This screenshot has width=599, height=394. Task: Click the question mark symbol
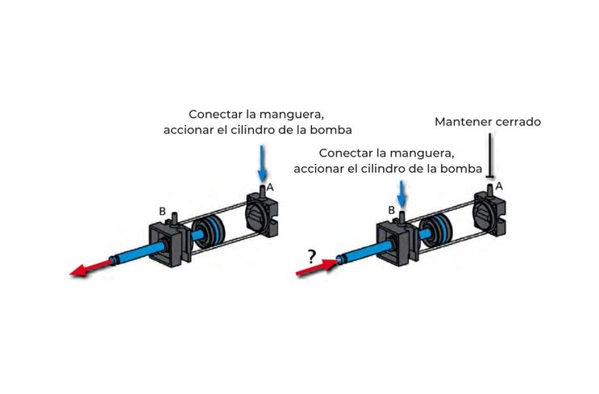[312, 256]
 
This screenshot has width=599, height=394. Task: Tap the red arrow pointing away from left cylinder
[91, 267]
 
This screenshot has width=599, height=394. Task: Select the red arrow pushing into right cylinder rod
[317, 267]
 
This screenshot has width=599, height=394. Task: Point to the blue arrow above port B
[401, 194]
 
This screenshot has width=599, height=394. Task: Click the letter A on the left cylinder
[270, 187]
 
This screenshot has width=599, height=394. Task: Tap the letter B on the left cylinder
[162, 212]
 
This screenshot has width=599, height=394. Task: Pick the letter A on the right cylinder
[499, 187]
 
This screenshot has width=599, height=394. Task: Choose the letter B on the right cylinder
[391, 210]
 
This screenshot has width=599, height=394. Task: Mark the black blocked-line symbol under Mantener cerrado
[489, 156]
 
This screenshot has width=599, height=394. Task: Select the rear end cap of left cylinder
[263, 215]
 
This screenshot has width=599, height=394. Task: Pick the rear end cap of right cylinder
[489, 213]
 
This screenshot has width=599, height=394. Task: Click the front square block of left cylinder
[165, 245]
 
